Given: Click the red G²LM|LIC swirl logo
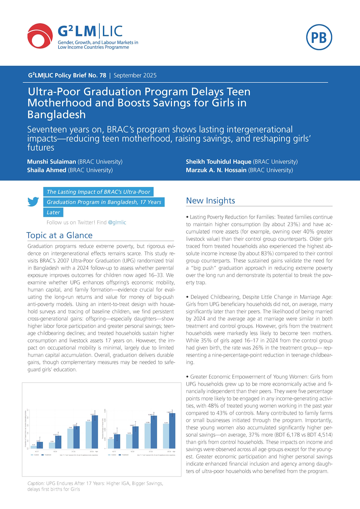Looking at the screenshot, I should (40, 36).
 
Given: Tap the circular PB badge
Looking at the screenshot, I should (319, 37).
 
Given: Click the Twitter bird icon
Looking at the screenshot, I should (33, 202).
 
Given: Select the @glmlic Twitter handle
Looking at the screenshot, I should (117, 222).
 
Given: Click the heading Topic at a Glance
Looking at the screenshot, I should (59, 235).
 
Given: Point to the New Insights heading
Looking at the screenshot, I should (211, 201).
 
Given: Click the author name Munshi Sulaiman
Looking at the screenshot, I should (51, 162).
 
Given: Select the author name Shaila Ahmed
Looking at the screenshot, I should (47, 170).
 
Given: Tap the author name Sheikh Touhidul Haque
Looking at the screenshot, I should (219, 162).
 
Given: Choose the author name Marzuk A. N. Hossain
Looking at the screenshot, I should (216, 170).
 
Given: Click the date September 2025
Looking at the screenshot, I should (135, 75).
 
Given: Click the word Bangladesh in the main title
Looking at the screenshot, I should (57, 114).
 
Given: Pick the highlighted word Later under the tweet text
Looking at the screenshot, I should (53, 212).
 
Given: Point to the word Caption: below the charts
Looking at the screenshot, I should (36, 483).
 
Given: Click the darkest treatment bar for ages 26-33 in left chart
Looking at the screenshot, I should (95, 432).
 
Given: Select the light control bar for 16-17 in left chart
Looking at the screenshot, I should (34, 447).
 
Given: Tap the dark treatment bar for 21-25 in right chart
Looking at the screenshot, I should (154, 432).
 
